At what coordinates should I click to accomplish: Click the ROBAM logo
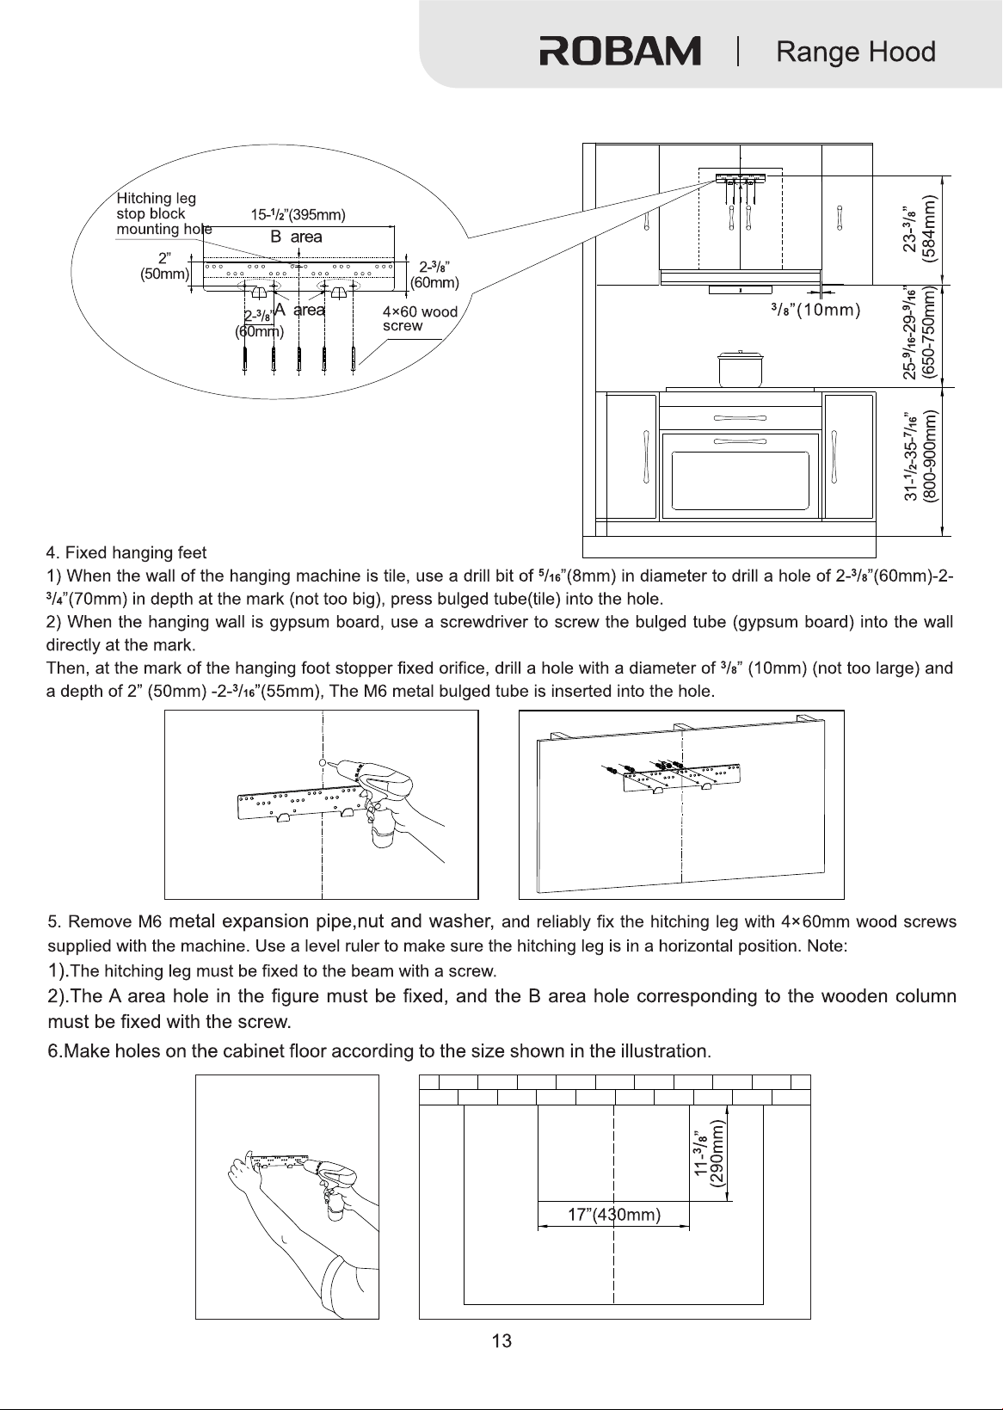[x=620, y=51]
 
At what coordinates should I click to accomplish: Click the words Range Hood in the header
[x=856, y=52]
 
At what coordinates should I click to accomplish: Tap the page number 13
[x=501, y=1341]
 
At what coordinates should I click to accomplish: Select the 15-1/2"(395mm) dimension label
[x=298, y=215]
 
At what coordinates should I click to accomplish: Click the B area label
[x=296, y=237]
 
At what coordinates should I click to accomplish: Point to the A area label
[x=299, y=310]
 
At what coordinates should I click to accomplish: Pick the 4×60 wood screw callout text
[x=420, y=318]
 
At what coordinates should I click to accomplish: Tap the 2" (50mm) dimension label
[x=164, y=267]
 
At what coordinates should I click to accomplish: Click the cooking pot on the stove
[x=741, y=369]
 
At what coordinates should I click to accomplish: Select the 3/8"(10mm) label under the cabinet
[x=815, y=310]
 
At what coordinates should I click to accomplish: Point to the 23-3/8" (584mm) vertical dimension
[x=920, y=229]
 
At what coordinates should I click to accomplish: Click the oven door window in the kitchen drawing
[x=740, y=480]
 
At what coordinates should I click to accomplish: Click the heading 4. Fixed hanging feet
[x=126, y=552]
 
